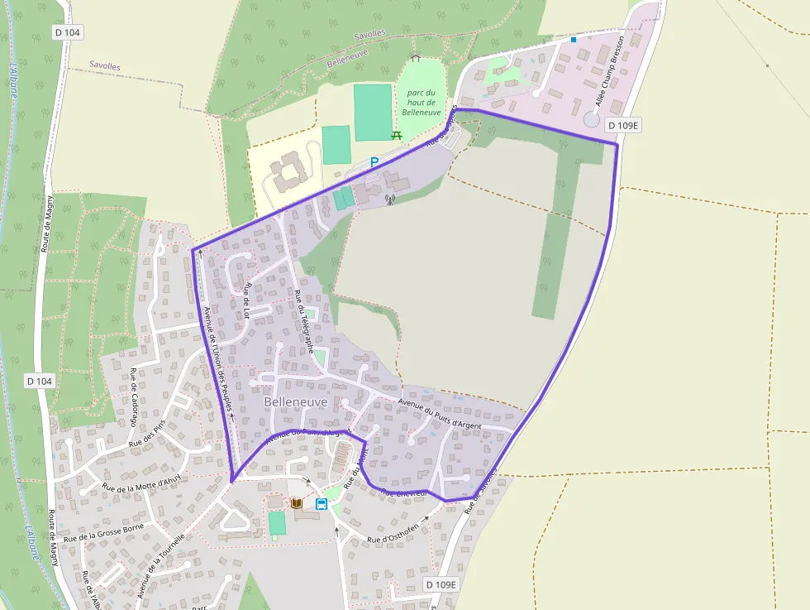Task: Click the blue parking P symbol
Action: coord(374,162)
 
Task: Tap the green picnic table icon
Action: coord(397,134)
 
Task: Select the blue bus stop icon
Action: coord(321,503)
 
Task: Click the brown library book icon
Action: coord(296,503)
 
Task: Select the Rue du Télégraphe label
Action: coord(303,322)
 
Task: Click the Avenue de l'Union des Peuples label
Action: coord(217,363)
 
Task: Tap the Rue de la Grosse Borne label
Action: coord(103,532)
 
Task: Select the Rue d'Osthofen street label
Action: coord(398,531)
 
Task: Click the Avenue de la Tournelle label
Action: coord(161,564)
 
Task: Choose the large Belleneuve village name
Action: coord(296,402)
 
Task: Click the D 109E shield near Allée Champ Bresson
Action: coord(623,126)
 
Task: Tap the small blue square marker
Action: coord(573,39)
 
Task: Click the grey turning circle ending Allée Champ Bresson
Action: coord(592,119)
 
